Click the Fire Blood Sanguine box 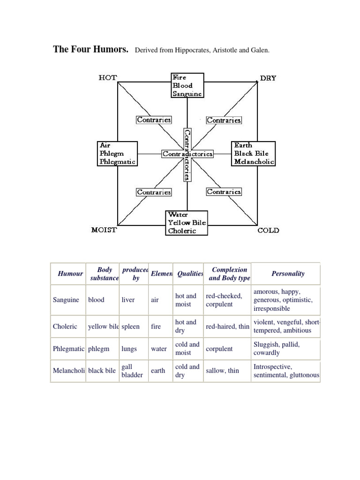tap(187, 85)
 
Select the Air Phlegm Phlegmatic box tap(117, 153)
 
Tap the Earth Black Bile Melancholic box tap(254, 153)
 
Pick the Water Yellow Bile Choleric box tap(187, 223)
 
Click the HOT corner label tap(108, 78)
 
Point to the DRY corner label tap(268, 78)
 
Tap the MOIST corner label tap(104, 230)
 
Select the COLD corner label tap(269, 230)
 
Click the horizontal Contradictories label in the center tap(187, 154)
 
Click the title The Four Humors tap(91, 49)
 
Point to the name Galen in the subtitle tap(260, 50)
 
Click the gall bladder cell tap(132, 371)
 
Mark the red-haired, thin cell tap(227, 326)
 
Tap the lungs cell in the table tap(129, 349)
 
